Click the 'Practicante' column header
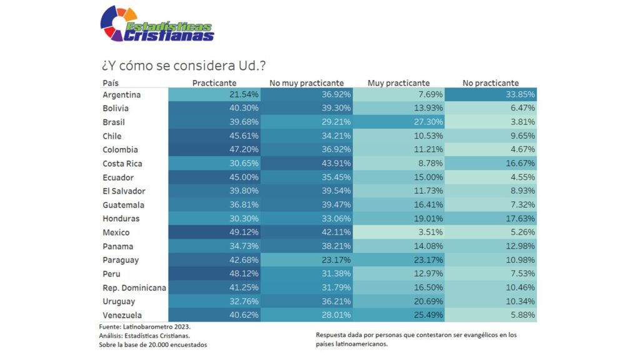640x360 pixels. tap(214, 83)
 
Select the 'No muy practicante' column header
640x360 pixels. tap(306, 83)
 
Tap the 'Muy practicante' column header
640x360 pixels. tap(398, 83)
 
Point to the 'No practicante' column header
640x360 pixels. tap(491, 83)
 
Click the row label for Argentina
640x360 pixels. tap(122, 95)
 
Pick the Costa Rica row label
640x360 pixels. tap(122, 164)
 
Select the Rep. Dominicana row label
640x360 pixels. tap(134, 287)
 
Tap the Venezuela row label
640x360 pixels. tap(122, 315)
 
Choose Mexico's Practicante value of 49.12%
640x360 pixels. tap(214, 232)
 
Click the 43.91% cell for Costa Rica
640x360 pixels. tap(306, 164)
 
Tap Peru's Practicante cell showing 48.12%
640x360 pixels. tap(214, 274)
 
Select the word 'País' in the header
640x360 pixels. tap(111, 83)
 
